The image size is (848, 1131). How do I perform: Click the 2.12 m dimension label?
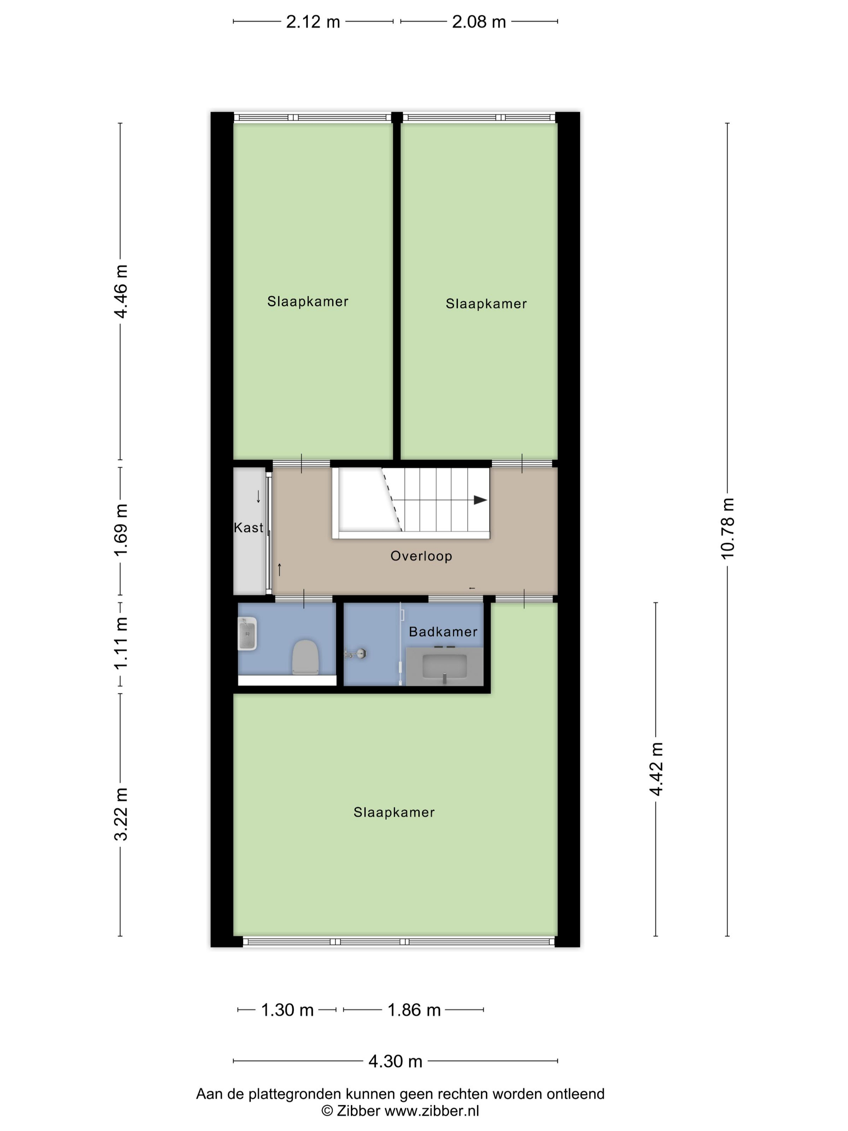(x=313, y=22)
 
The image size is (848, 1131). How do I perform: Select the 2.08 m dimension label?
(x=479, y=22)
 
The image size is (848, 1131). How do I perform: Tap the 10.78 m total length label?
(x=727, y=528)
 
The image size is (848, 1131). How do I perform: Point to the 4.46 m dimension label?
(x=121, y=292)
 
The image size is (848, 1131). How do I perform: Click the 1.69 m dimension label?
(x=121, y=530)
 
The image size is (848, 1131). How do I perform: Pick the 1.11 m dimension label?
(x=121, y=643)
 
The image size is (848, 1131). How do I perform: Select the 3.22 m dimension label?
(x=121, y=814)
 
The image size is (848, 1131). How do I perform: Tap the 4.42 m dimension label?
(x=656, y=769)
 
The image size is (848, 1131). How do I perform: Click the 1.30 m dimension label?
(x=287, y=1010)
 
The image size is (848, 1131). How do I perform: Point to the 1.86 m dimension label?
(x=414, y=1010)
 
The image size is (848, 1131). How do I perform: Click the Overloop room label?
(x=421, y=556)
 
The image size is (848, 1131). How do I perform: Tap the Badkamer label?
(x=443, y=632)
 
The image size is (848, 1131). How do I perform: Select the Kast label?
(x=248, y=528)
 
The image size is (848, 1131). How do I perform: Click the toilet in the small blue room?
(x=305, y=657)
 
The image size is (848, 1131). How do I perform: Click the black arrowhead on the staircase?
(x=480, y=500)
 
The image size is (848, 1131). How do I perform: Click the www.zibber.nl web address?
(x=431, y=1110)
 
